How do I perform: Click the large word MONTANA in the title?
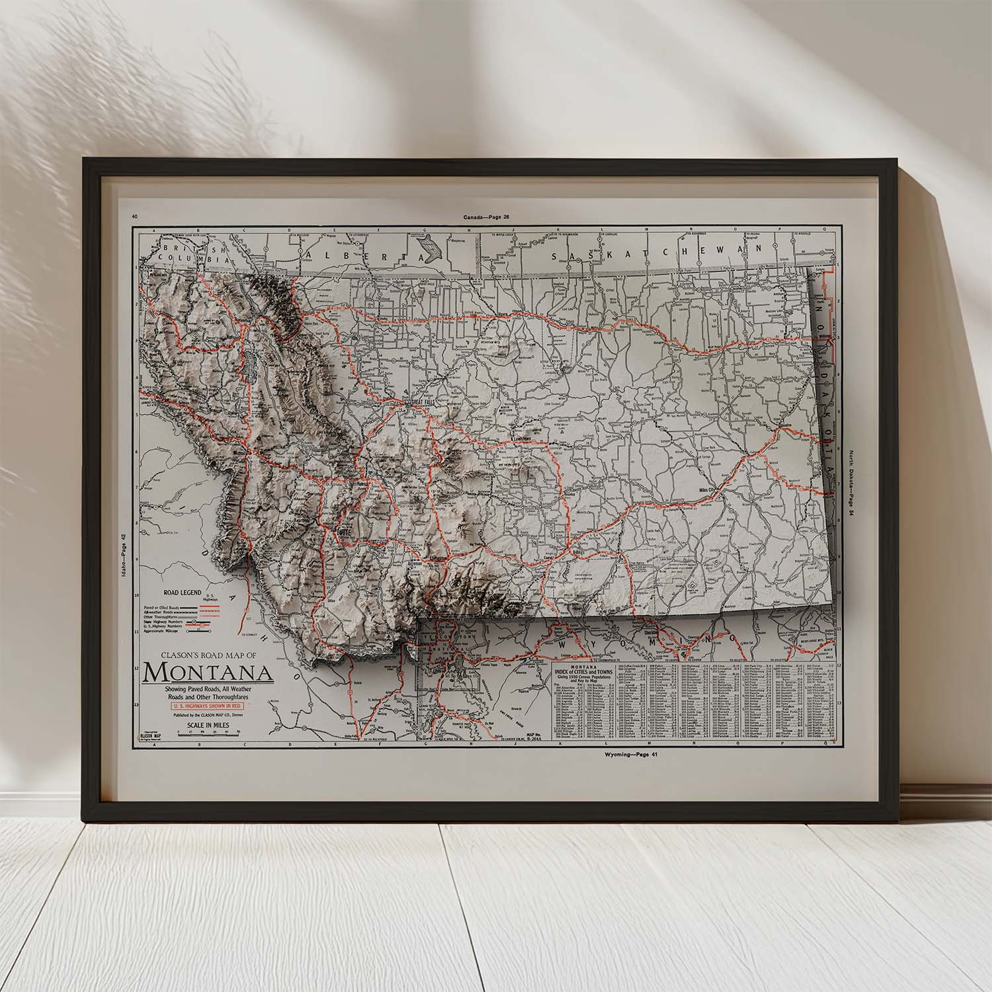(208, 672)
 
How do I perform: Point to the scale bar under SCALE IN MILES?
(208, 734)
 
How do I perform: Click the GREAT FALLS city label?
(425, 402)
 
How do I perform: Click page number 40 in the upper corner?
(135, 216)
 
